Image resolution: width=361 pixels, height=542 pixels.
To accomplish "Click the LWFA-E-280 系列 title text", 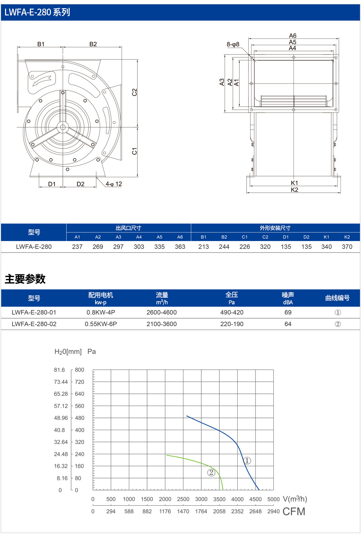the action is [x=37, y=12].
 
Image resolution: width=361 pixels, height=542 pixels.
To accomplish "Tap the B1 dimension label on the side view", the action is [x=41, y=44].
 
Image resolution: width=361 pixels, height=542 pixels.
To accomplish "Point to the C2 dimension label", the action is [x=134, y=92].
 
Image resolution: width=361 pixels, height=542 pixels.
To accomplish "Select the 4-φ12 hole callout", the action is [x=113, y=184].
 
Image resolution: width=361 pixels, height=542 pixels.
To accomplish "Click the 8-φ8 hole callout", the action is [x=233, y=44].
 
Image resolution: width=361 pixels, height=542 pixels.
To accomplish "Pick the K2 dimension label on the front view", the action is [x=294, y=190].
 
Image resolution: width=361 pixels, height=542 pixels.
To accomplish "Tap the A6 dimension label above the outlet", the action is [x=292, y=36].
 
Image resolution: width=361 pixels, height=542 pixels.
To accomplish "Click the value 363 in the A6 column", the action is [x=180, y=246].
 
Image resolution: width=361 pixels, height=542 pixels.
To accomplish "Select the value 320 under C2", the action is [x=265, y=246].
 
